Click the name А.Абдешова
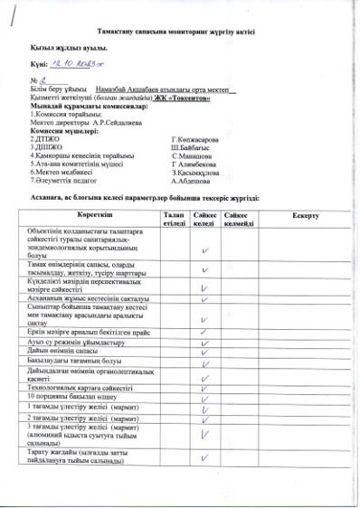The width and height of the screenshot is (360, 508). [x=192, y=180]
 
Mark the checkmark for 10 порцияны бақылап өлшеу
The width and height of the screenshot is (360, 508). [x=205, y=395]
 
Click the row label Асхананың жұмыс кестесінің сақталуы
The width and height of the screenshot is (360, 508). [x=82, y=297]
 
